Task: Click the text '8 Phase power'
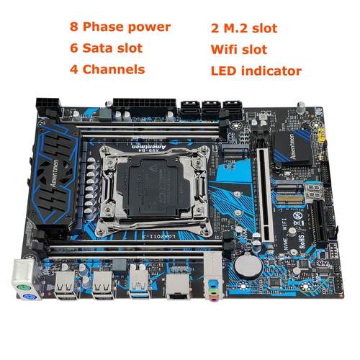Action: click(x=120, y=27)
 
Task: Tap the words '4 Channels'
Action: click(x=107, y=71)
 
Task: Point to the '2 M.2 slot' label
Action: click(x=245, y=28)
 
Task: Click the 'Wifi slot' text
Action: click(x=240, y=50)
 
